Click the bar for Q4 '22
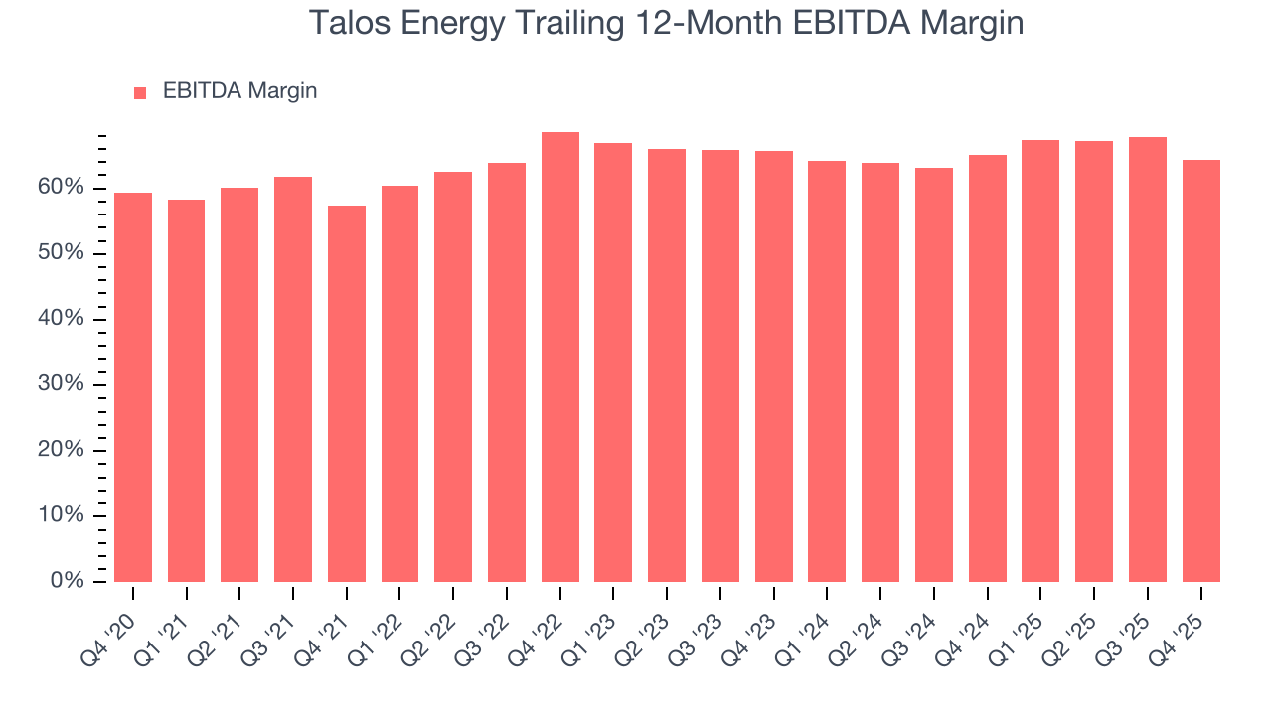[x=560, y=357]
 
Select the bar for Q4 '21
[x=347, y=393]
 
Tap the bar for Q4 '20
[x=133, y=387]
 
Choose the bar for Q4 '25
[x=1201, y=371]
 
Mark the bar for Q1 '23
[x=613, y=362]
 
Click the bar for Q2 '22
[x=453, y=377]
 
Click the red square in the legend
[x=140, y=93]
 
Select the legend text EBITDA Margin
[x=239, y=91]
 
